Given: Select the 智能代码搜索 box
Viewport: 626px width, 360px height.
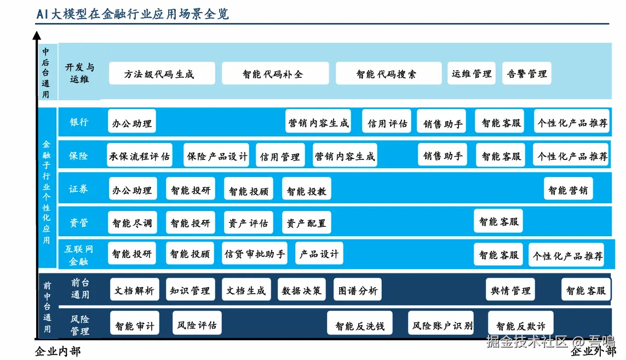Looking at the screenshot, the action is (388, 73).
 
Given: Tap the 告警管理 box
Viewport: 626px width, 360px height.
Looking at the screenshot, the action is (526, 73).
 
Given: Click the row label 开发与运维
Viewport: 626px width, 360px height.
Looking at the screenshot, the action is (79, 73).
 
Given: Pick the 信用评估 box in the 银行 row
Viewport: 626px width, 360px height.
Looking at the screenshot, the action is (387, 123).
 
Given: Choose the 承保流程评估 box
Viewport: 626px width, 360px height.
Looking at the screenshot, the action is (140, 156).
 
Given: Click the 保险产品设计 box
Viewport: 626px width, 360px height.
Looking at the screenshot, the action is (216, 156).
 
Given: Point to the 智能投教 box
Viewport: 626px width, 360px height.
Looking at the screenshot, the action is (307, 190).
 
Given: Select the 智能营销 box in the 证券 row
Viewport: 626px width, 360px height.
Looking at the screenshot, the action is (568, 190).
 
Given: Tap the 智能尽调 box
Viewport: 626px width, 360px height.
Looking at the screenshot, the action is (132, 222).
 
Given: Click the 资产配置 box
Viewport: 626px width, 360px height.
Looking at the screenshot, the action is (307, 222).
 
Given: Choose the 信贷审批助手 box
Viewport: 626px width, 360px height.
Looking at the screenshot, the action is (255, 254).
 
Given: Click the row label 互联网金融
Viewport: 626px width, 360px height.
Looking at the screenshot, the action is (79, 255).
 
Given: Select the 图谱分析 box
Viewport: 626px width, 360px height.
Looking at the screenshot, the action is (357, 290).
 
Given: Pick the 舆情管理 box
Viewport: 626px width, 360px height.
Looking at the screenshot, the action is (510, 290).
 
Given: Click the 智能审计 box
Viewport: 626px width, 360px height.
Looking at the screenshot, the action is (135, 325).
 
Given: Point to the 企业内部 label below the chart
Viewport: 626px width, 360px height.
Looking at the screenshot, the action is (58, 351).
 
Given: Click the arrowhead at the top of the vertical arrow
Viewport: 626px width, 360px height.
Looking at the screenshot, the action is (37, 36).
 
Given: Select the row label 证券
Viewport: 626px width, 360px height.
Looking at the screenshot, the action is (78, 189).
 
